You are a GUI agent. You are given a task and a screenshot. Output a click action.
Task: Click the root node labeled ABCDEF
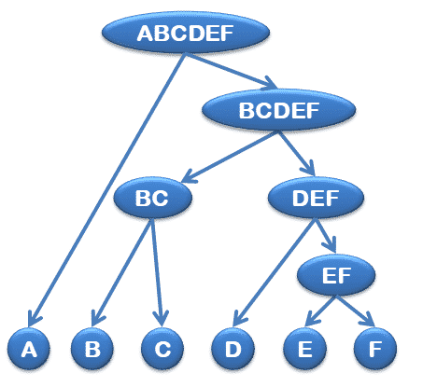click(x=186, y=33)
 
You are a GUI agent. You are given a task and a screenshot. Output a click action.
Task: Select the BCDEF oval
click(x=278, y=110)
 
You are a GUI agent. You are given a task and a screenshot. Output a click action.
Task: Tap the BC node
click(x=152, y=198)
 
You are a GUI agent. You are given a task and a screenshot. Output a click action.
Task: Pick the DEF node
click(x=316, y=198)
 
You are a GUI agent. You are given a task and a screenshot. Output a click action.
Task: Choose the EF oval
click(x=336, y=275)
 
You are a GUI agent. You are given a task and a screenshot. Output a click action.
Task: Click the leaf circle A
click(x=29, y=349)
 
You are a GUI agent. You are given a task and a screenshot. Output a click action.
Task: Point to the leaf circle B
click(x=92, y=349)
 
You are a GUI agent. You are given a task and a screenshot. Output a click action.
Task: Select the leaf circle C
click(x=162, y=349)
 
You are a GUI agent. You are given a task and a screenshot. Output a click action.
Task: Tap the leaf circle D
click(x=233, y=349)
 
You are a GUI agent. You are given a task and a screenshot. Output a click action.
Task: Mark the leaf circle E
click(x=305, y=349)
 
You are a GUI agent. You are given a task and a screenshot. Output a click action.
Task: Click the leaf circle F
click(x=375, y=349)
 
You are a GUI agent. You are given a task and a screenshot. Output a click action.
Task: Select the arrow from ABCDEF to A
click(x=106, y=190)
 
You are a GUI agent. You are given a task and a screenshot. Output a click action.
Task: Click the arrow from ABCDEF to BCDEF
click(x=231, y=71)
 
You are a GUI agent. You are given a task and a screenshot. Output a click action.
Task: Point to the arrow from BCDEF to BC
click(x=230, y=157)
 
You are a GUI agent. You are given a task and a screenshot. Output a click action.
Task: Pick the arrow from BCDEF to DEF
click(x=297, y=154)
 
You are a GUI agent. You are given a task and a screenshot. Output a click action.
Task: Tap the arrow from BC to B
click(x=121, y=272)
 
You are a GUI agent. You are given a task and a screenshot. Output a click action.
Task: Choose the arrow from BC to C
click(x=157, y=272)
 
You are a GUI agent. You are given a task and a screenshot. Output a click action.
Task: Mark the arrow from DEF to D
click(x=274, y=272)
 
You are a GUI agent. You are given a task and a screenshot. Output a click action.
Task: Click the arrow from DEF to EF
click(x=325, y=236)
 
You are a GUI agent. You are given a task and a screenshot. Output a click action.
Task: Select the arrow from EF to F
click(x=355, y=311)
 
